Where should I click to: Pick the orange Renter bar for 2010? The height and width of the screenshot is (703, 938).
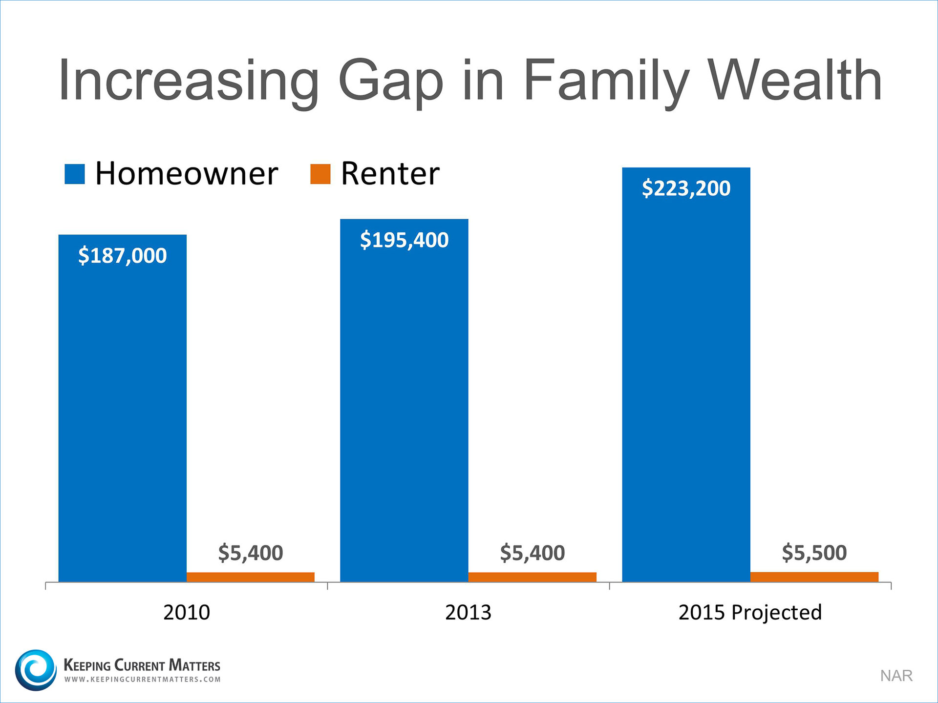[x=250, y=577]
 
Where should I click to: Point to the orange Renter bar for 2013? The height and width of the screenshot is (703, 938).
[x=532, y=577]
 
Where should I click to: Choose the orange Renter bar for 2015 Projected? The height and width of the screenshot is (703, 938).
[x=814, y=577]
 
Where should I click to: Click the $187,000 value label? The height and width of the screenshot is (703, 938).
[x=122, y=255]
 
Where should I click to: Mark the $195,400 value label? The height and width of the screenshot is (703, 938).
[x=404, y=240]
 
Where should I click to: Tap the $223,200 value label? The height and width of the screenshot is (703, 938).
[x=686, y=188]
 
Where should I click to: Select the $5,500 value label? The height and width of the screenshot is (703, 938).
[x=814, y=552]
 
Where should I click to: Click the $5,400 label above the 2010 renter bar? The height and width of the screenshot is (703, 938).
[x=250, y=553]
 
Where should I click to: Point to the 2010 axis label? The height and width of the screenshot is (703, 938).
[x=186, y=612]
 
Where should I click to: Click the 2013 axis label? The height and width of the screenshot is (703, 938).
[x=468, y=612]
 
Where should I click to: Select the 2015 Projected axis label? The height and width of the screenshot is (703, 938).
[x=750, y=612]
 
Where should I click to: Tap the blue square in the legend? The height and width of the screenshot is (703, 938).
[x=75, y=174]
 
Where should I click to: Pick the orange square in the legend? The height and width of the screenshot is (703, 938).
[x=320, y=174]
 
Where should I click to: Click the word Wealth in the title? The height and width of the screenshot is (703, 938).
[x=795, y=81]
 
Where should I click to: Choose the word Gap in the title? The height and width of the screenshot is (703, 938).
[x=391, y=81]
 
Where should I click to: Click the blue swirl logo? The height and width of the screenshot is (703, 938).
[x=36, y=670]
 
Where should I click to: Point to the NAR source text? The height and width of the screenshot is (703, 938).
[x=896, y=676]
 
